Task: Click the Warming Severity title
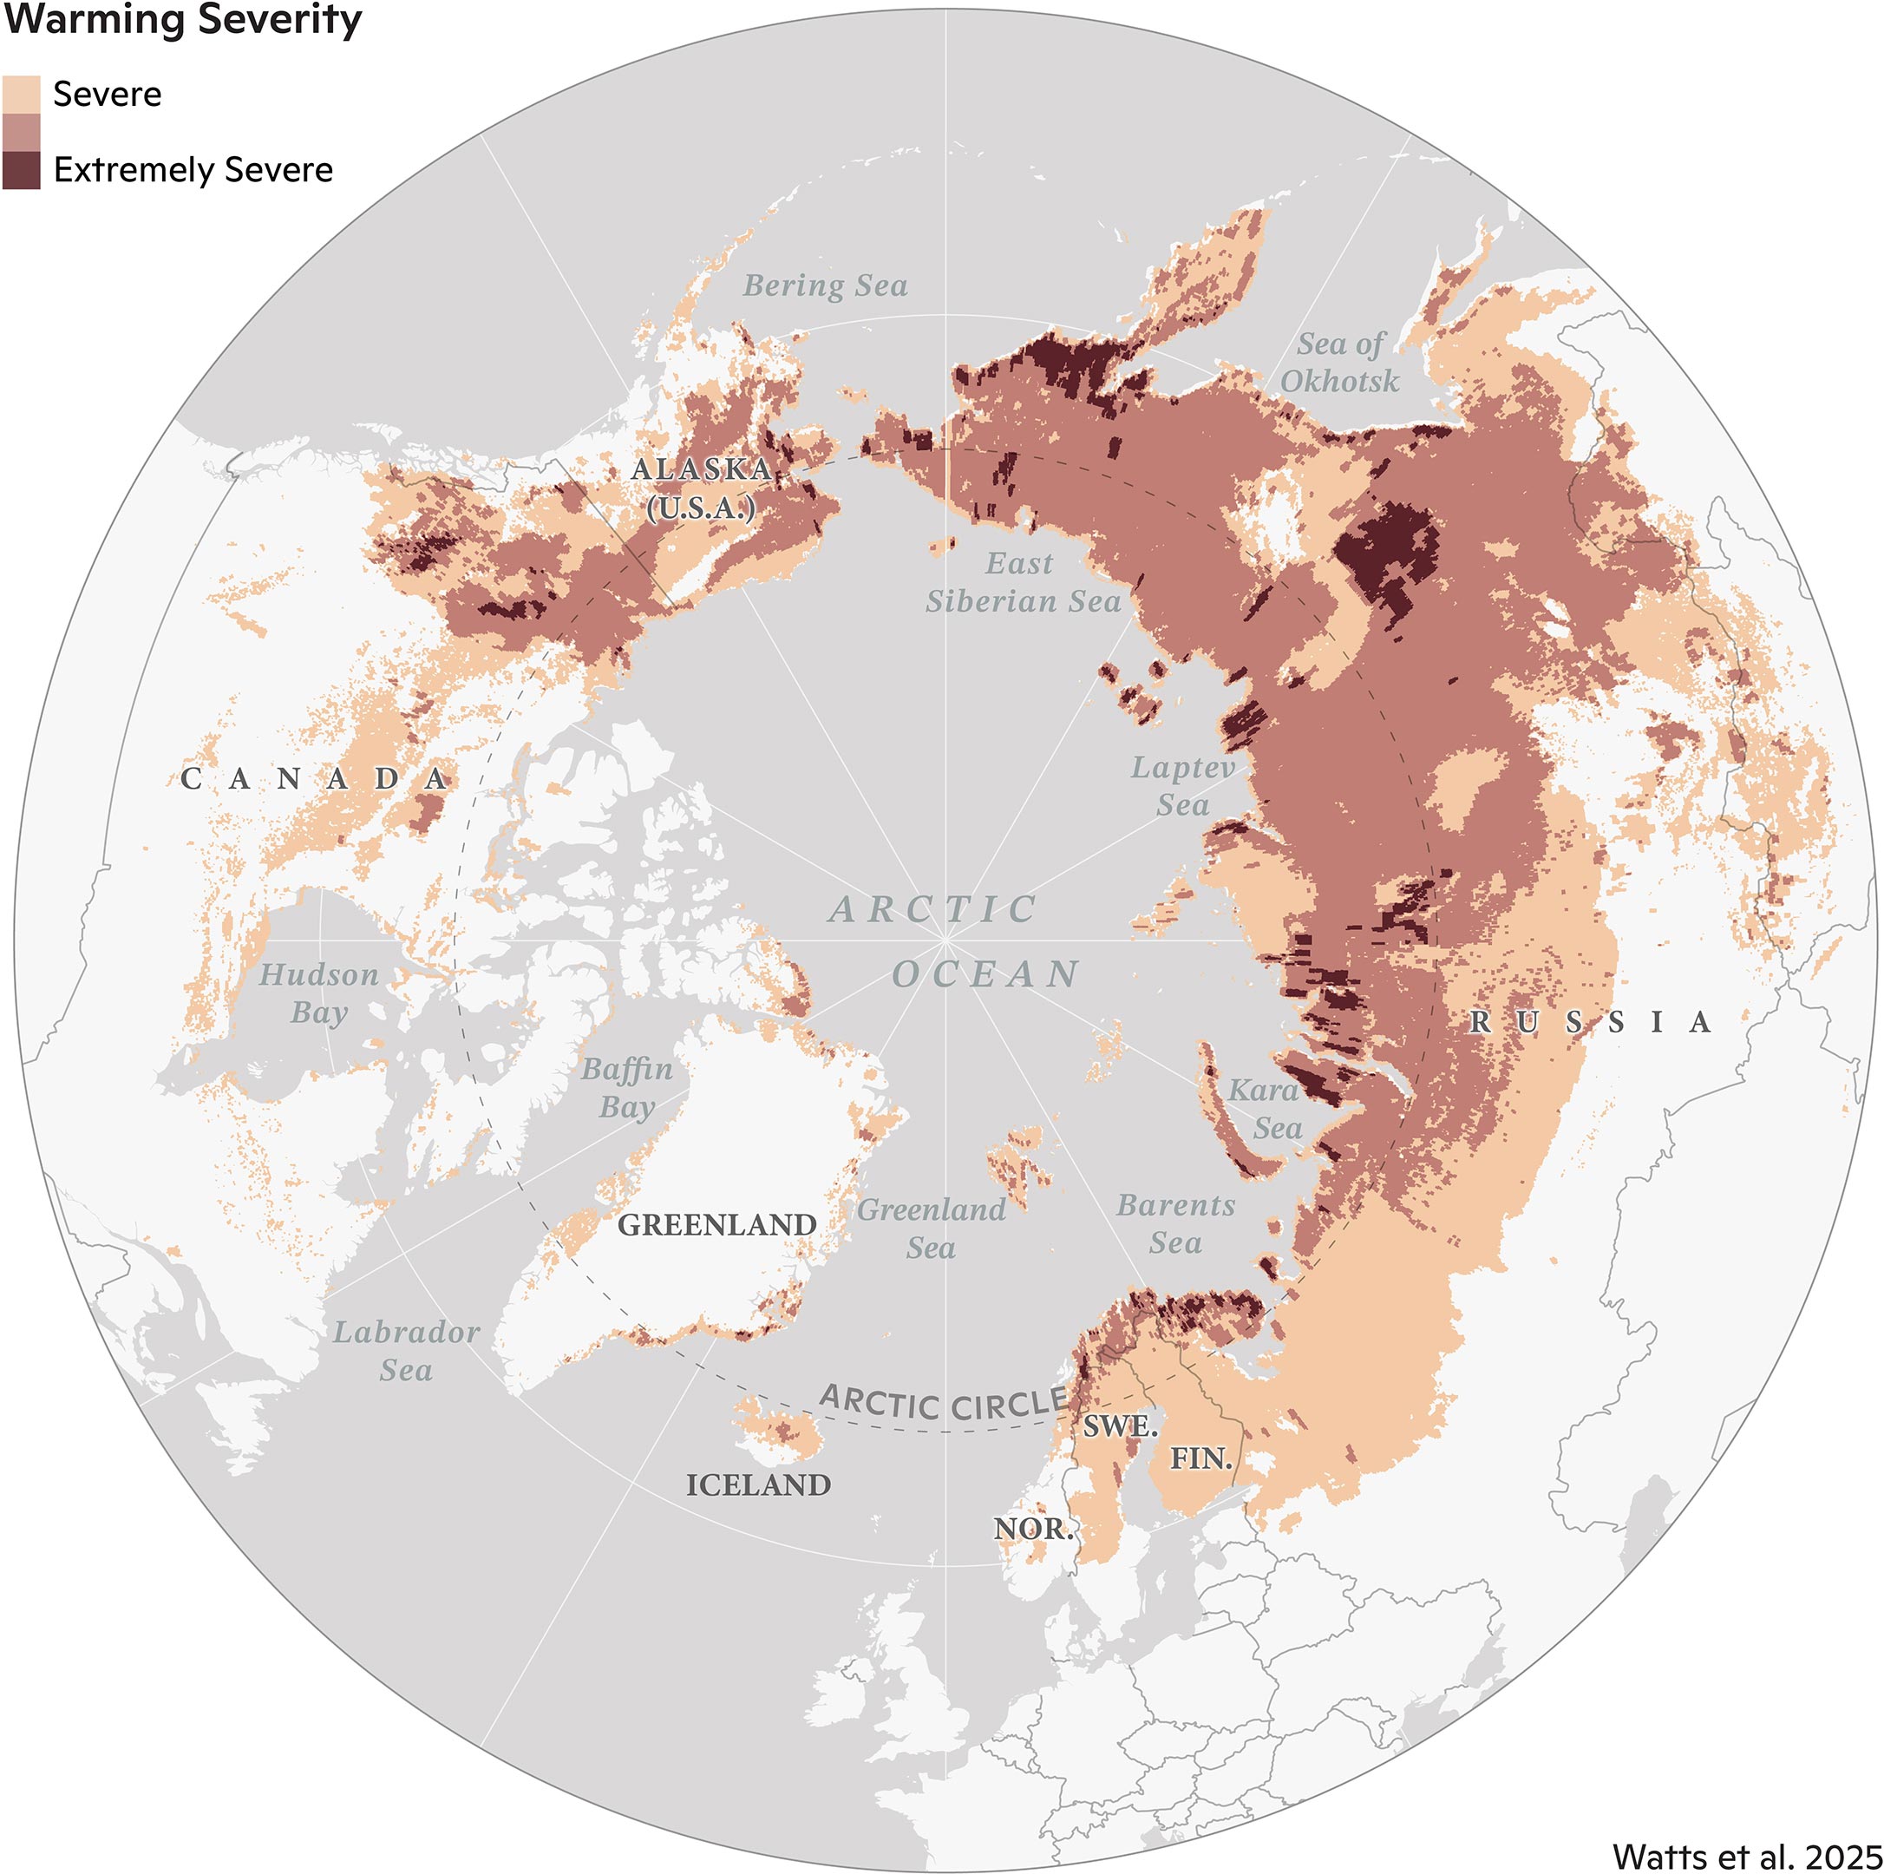(x=183, y=19)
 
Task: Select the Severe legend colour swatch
(x=22, y=94)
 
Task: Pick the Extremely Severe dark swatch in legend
(x=22, y=170)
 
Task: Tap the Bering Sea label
(x=825, y=285)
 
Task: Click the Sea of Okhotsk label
(x=1340, y=362)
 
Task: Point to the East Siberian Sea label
(x=1022, y=582)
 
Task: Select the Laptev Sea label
(x=1183, y=786)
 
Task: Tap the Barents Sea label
(x=1175, y=1224)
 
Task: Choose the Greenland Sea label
(x=932, y=1229)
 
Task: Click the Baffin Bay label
(x=627, y=1088)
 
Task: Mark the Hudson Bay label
(x=319, y=993)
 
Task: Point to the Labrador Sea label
(x=407, y=1351)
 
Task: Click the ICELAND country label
(x=759, y=1485)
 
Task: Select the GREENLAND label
(x=716, y=1224)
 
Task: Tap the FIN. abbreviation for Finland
(x=1201, y=1458)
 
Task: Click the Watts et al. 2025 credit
(x=1745, y=1856)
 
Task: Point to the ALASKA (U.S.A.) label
(x=702, y=488)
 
